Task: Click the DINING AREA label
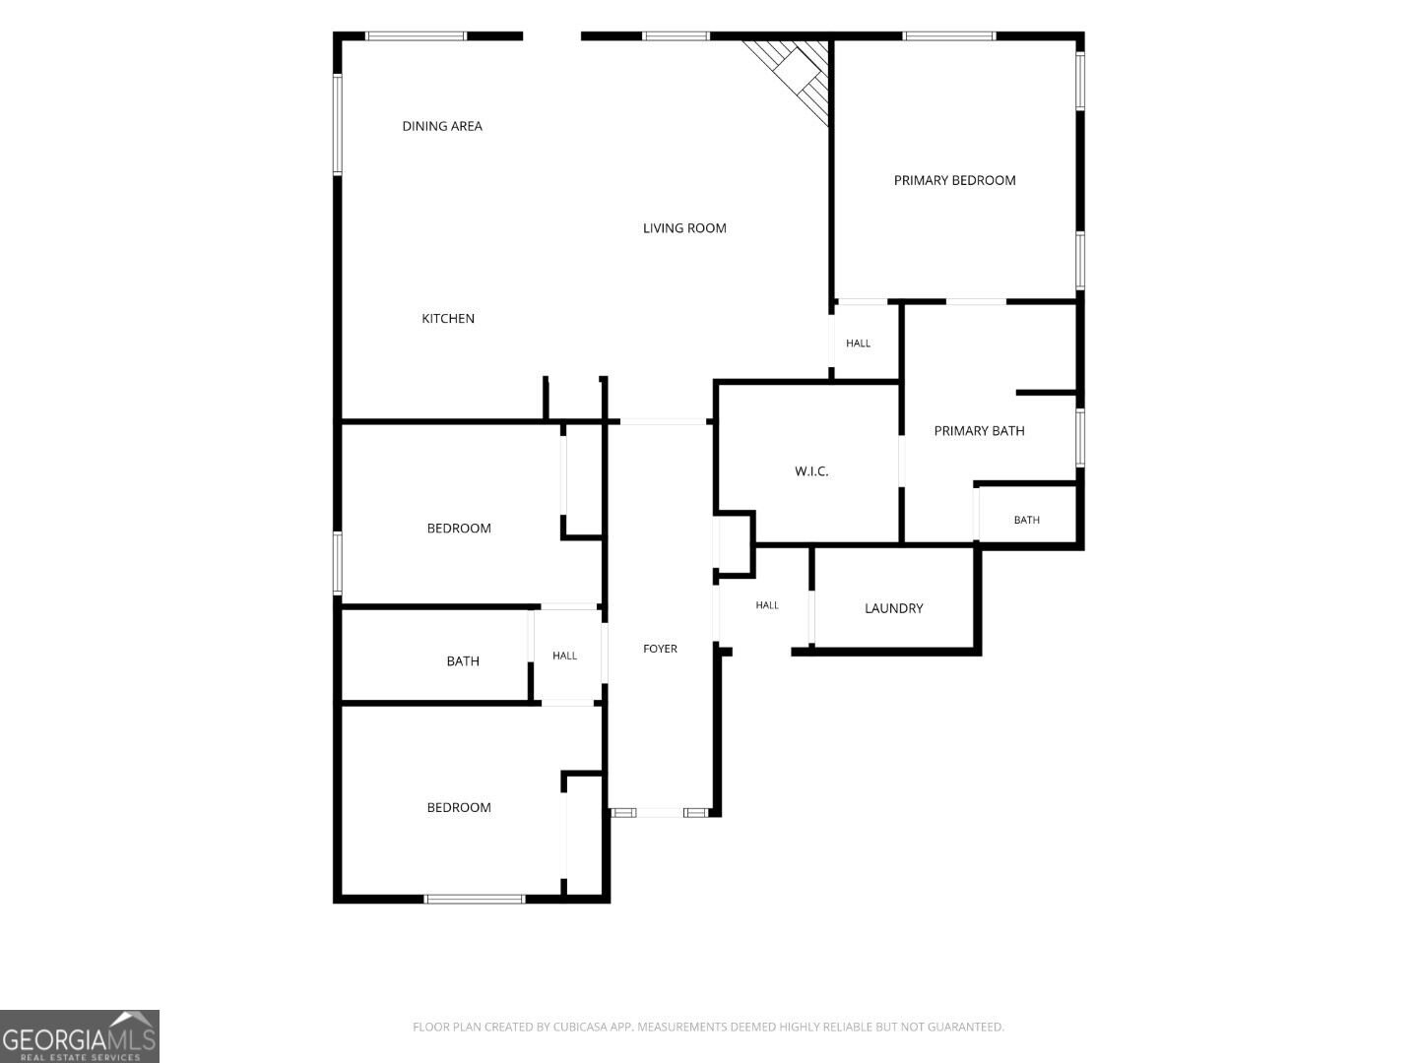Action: coord(442,126)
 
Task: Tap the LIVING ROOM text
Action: coord(684,227)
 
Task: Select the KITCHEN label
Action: coord(448,318)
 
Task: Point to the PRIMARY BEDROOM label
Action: coord(954,180)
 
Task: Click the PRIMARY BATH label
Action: coord(979,430)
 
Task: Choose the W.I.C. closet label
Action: coord(811,471)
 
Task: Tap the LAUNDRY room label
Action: coord(893,608)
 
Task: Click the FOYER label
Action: coord(660,649)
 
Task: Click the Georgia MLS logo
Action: coord(80,1035)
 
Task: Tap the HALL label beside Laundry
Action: coord(767,604)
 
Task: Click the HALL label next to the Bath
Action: coord(564,656)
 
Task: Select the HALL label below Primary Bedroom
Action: coord(858,343)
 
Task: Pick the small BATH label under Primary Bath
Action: coord(1026,520)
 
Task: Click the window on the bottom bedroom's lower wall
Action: coord(475,899)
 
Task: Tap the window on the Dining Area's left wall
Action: coord(337,124)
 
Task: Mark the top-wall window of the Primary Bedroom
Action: coord(948,36)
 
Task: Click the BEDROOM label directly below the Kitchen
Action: coord(459,528)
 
